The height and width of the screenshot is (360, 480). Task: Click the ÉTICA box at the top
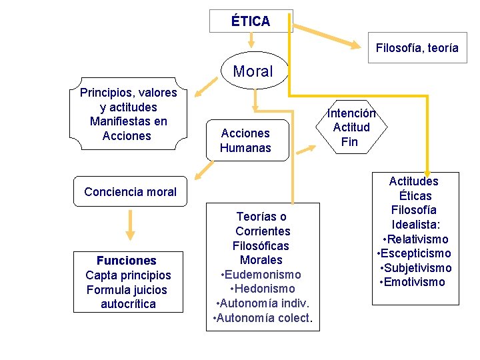(x=251, y=21)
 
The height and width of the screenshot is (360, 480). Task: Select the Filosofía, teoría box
(x=417, y=48)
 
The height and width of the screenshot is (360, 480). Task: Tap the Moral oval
(x=253, y=71)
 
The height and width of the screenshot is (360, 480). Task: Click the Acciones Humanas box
(x=245, y=141)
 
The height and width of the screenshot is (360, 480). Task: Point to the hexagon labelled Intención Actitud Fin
(x=349, y=127)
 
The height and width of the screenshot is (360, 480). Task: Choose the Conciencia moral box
(x=131, y=192)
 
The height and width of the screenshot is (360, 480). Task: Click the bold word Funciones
(x=127, y=261)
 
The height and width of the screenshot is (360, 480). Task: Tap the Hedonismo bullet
(x=262, y=289)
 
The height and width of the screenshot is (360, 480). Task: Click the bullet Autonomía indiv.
(x=262, y=303)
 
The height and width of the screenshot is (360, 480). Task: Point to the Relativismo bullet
(x=415, y=239)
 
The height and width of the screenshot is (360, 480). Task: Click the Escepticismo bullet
(x=414, y=253)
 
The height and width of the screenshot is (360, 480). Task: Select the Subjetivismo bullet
(x=415, y=268)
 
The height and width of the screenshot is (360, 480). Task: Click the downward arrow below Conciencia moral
(x=131, y=227)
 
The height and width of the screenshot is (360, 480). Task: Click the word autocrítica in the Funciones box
(x=128, y=304)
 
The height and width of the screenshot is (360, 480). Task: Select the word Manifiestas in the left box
(x=128, y=121)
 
